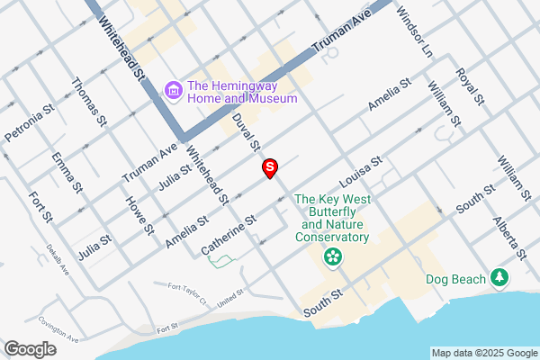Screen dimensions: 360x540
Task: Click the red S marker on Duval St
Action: click(269, 166)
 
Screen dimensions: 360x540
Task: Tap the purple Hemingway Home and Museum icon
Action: click(174, 90)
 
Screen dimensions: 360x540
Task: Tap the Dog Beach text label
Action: click(449, 278)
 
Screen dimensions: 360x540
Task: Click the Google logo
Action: click(31, 348)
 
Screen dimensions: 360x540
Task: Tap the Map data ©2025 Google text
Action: click(482, 353)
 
